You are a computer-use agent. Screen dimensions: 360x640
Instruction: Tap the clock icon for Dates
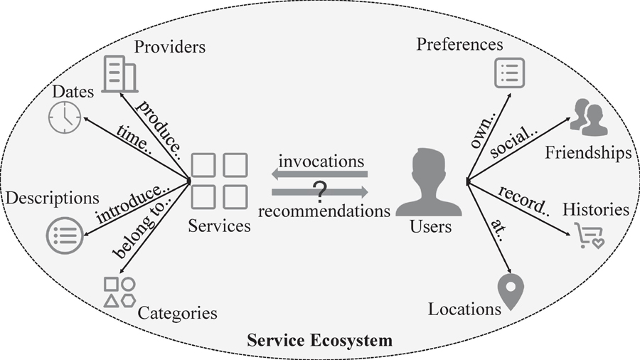(65, 117)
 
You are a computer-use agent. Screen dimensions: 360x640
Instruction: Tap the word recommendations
(324, 211)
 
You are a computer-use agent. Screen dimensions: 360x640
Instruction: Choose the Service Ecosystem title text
(319, 340)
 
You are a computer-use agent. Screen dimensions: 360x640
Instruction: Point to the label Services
(220, 226)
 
